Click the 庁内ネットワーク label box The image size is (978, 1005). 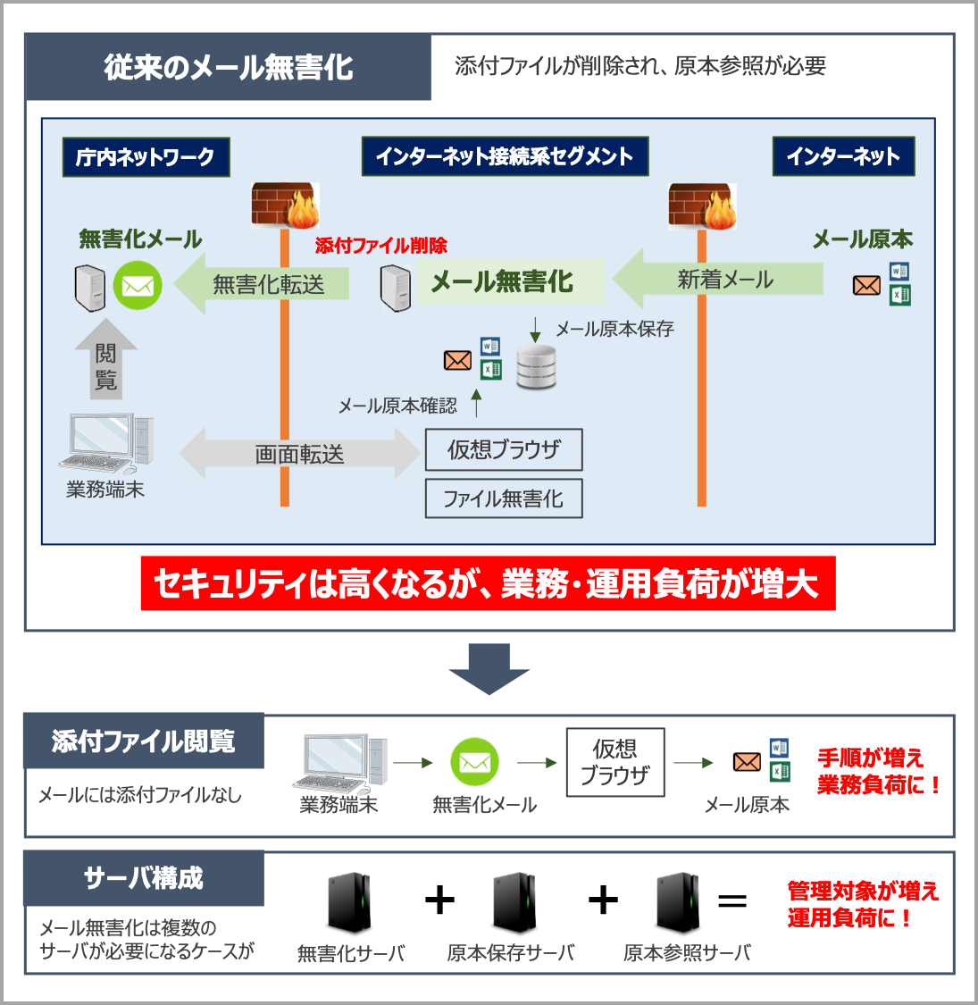146,157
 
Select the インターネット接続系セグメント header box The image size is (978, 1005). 505,156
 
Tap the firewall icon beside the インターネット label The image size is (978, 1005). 702,206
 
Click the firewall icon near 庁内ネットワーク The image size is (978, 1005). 285,206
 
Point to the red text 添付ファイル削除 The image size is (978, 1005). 380,246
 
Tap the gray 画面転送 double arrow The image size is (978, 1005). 299,454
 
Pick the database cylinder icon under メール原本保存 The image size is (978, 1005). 536,367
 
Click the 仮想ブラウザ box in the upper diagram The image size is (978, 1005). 504,449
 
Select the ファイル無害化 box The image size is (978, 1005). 504,498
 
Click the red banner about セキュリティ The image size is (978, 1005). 488,584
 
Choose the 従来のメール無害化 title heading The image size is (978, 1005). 229,68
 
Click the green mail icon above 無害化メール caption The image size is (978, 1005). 474,762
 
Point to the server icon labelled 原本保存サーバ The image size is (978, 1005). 514,902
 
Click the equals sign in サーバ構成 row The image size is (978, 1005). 732,900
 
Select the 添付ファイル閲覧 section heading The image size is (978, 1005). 144,741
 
